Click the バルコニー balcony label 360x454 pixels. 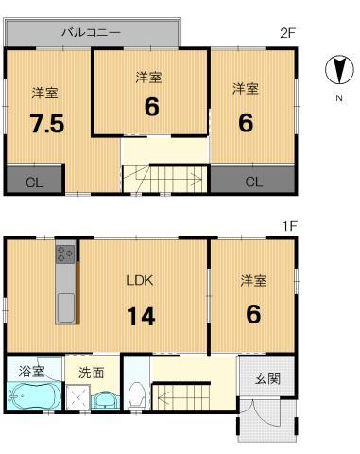(91, 33)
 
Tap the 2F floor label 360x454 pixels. (288, 33)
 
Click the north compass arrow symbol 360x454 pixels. (335, 70)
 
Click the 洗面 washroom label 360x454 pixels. (92, 372)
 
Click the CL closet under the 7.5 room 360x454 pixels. (34, 181)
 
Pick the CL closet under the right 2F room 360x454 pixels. (252, 181)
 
